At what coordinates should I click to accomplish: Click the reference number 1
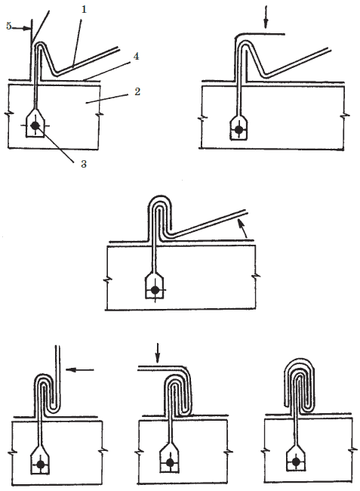click(84, 9)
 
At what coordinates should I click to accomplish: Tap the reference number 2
click(137, 91)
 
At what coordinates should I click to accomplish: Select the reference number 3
click(84, 163)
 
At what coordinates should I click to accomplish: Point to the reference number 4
click(136, 56)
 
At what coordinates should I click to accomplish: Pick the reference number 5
click(9, 26)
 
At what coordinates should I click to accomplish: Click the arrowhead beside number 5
click(27, 29)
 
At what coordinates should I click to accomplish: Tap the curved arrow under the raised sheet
click(243, 228)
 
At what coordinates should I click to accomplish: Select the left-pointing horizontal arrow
click(80, 370)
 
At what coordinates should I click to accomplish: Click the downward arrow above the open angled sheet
click(266, 17)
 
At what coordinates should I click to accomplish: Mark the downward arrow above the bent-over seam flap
click(158, 353)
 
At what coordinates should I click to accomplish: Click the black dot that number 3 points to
click(35, 125)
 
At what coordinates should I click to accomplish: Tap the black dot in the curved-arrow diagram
click(155, 290)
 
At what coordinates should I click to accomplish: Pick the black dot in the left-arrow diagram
click(40, 465)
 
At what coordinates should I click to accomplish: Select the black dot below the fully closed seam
click(296, 462)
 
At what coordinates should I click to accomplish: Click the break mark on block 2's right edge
click(100, 115)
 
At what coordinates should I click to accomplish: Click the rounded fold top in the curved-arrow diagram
click(159, 199)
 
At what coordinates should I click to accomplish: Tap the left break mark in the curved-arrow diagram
click(107, 279)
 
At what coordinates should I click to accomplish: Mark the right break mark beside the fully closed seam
click(354, 450)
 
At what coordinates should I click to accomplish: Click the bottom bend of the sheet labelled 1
click(55, 74)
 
